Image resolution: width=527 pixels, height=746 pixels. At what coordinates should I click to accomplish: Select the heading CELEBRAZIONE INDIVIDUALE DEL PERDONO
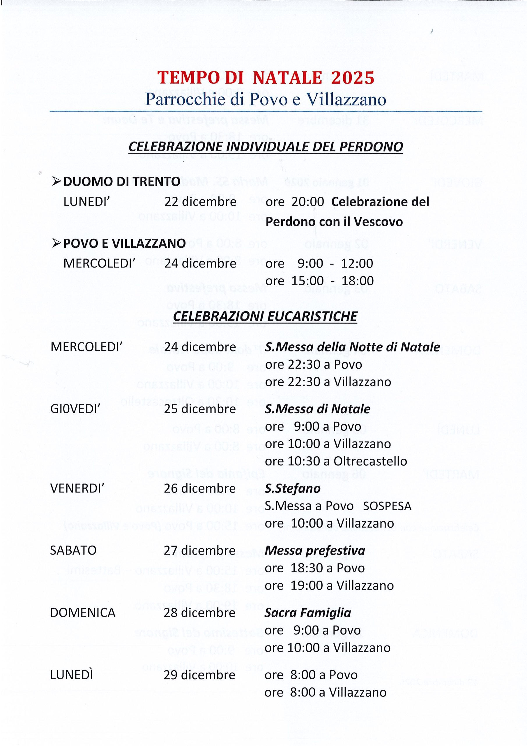(265, 147)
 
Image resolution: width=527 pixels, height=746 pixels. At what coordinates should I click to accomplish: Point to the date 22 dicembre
(200, 202)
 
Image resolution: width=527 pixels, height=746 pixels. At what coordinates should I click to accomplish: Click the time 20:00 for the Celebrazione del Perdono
(307, 202)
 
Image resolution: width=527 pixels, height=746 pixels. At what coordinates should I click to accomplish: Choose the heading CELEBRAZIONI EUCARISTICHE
(265, 316)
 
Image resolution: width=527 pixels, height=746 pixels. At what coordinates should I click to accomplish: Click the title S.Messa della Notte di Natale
(352, 347)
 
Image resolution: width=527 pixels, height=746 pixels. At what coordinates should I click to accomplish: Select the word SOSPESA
(387, 506)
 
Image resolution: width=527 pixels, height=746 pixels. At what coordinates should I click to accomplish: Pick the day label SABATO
(73, 550)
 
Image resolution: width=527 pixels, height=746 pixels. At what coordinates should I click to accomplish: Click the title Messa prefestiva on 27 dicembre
(315, 550)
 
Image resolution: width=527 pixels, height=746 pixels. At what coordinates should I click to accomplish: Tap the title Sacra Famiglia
(307, 613)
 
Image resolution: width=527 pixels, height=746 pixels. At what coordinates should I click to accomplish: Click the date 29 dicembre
(199, 675)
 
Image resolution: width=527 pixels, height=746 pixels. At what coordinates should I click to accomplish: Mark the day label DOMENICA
(82, 613)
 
